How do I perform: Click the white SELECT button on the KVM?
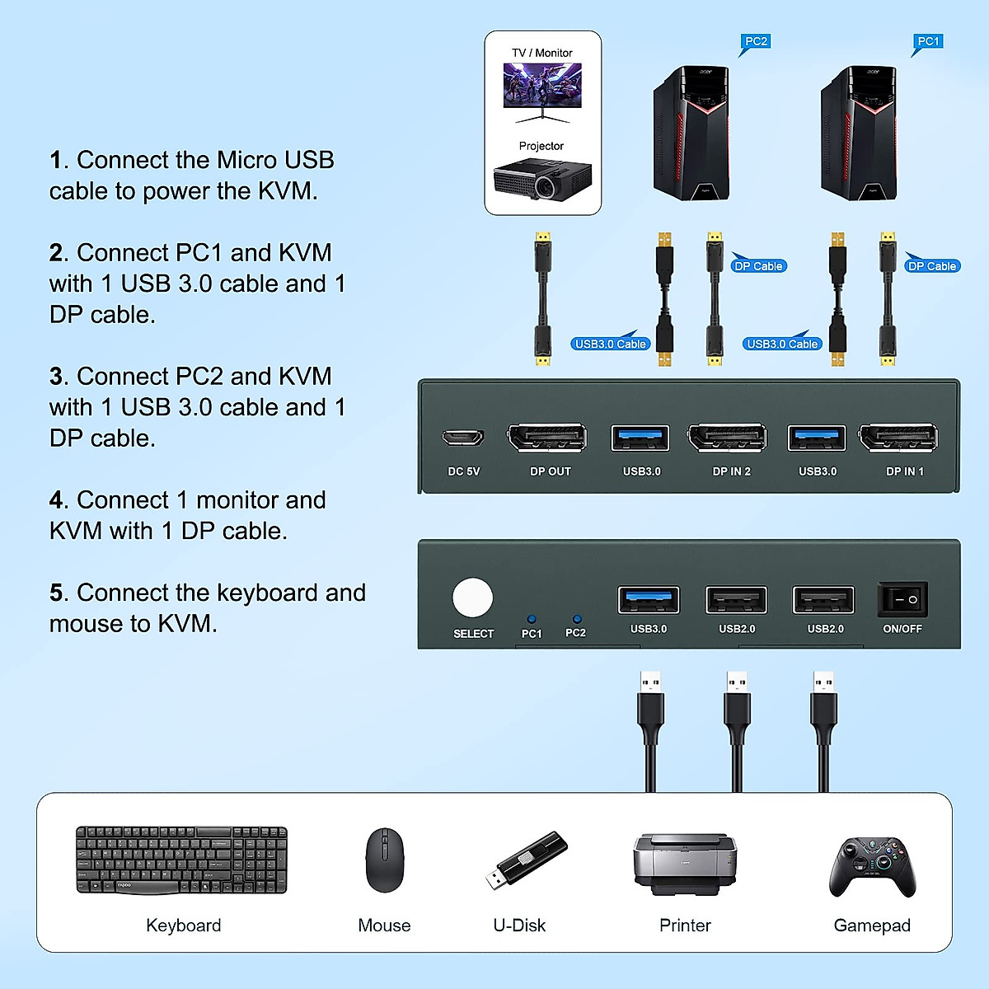point(473,599)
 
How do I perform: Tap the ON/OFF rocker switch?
point(902,599)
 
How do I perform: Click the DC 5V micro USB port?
point(463,438)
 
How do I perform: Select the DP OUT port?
point(547,438)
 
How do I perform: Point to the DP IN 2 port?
point(728,438)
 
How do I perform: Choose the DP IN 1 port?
point(898,438)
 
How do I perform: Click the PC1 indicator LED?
point(532,619)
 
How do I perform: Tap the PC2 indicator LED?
point(576,619)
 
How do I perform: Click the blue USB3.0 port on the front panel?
point(649,600)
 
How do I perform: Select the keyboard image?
point(181,860)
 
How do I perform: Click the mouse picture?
point(384,860)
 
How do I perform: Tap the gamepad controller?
point(872,866)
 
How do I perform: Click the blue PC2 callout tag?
point(756,42)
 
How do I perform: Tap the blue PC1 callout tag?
point(928,42)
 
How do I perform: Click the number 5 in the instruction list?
point(56,593)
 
